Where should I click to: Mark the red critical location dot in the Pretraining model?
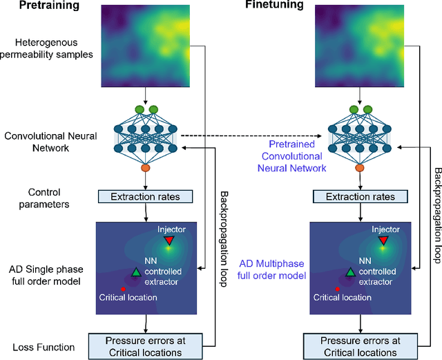coord(123,288)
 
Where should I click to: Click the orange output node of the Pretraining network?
coord(146,167)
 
